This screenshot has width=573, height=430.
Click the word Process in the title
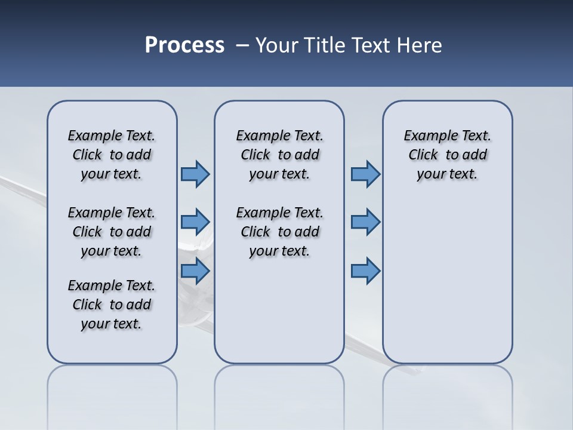[x=184, y=45]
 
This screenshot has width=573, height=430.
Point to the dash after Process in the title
[x=242, y=46]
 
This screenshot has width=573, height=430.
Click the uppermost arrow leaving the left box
[x=195, y=174]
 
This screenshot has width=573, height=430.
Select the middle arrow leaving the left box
[x=195, y=222]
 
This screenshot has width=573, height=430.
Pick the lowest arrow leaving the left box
[x=195, y=271]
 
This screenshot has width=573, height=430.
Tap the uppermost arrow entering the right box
[x=365, y=174]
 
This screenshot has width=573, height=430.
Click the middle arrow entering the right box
[x=365, y=222]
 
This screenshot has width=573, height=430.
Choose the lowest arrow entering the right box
[x=365, y=271]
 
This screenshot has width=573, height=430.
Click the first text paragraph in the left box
[x=112, y=155]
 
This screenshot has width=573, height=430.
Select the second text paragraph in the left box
[x=112, y=232]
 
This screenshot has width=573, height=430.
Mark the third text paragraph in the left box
[x=112, y=305]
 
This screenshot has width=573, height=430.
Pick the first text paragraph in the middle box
[x=279, y=155]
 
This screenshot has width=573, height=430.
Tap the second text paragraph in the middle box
[x=279, y=232]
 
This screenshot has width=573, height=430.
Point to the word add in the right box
[x=475, y=155]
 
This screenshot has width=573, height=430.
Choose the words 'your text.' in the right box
[x=447, y=174]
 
